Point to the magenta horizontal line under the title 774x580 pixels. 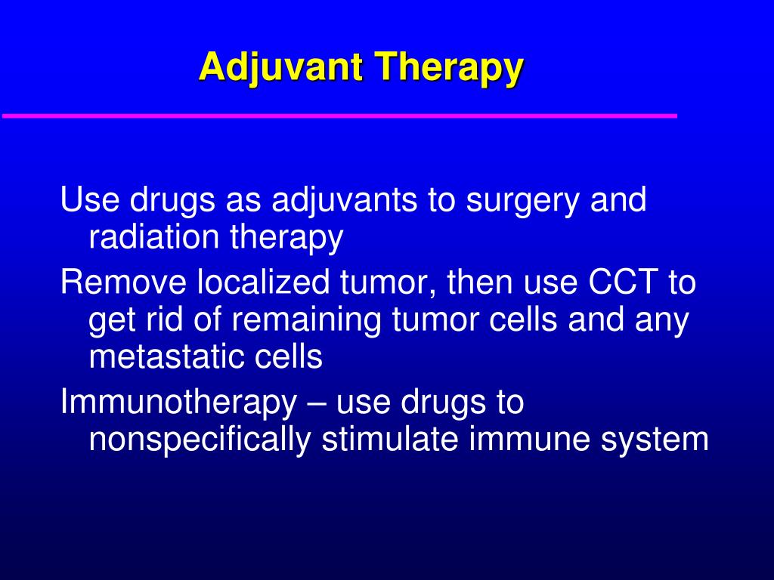pyautogui.click(x=339, y=116)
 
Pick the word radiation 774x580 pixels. pyautogui.click(x=153, y=238)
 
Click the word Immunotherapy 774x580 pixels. pyautogui.click(x=178, y=403)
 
